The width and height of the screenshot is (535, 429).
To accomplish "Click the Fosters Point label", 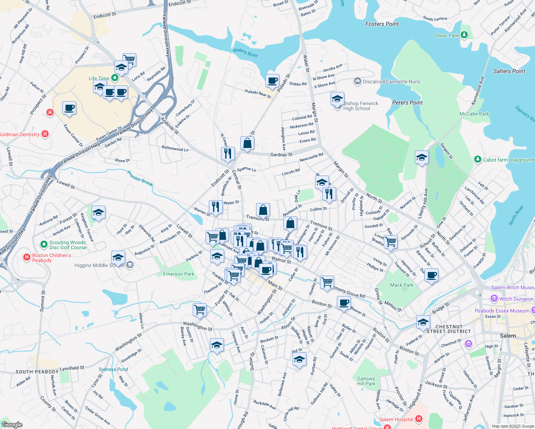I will [382, 24].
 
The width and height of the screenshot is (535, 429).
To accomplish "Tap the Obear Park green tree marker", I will [464, 35].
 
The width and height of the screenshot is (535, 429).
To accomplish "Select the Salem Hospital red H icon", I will [419, 419].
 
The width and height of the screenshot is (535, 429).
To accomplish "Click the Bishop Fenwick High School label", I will [360, 106].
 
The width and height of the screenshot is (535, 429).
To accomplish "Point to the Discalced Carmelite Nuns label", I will [392, 82].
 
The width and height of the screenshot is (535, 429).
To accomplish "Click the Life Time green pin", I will [115, 78].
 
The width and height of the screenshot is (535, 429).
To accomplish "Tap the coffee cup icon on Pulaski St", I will [272, 81].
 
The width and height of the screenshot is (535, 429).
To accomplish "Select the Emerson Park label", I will [178, 274].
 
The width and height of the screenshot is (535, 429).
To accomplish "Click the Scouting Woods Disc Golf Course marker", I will [44, 245].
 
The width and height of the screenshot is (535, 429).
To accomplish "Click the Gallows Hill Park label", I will [366, 381].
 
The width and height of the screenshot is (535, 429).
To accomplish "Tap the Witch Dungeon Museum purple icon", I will [494, 299].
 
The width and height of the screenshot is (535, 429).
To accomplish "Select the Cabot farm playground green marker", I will [477, 159].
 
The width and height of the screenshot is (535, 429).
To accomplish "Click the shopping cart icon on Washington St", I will [200, 309].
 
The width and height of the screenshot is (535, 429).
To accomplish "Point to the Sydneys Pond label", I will [113, 369].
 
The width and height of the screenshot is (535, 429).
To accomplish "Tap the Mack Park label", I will [402, 285].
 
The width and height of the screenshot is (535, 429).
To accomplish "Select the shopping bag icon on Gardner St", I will [247, 143].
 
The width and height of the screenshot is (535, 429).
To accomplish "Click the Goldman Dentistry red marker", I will [45, 134].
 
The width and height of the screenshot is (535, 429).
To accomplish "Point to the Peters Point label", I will [407, 103].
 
